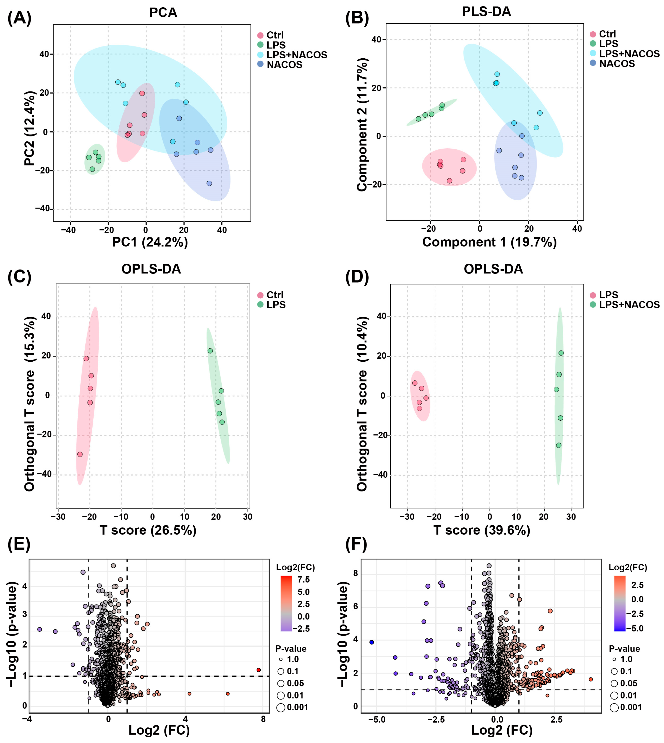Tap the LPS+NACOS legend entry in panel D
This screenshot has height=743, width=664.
point(629,305)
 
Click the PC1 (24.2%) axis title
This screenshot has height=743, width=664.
point(150,242)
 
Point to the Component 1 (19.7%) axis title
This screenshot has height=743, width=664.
point(489,242)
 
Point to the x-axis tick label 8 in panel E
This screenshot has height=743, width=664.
point(263,719)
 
